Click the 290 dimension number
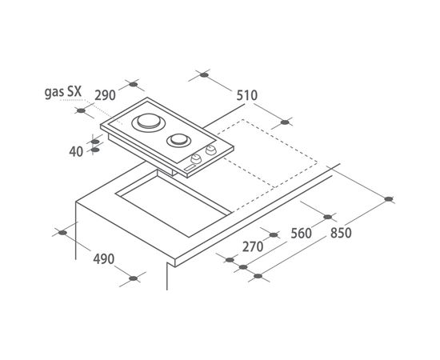[105, 95]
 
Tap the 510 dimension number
[247, 95]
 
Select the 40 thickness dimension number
[76, 152]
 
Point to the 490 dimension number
[104, 259]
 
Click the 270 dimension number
[253, 247]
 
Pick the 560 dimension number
[301, 234]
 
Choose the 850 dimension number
[341, 233]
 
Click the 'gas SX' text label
[63, 92]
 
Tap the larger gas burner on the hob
[149, 122]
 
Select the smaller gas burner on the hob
[178, 139]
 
